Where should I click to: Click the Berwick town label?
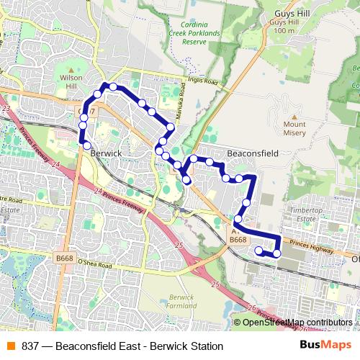(x=106, y=153)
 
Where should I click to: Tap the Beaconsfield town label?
(x=253, y=153)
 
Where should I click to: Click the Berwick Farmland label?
(x=181, y=300)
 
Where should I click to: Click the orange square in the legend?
(x=10, y=346)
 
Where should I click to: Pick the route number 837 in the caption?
(x=30, y=346)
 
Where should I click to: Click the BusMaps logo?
(x=325, y=346)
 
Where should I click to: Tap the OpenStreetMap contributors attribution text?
(x=297, y=323)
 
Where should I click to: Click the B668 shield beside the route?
(x=238, y=240)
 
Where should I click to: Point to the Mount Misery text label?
(x=294, y=128)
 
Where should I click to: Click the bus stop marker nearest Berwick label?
(x=87, y=145)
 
